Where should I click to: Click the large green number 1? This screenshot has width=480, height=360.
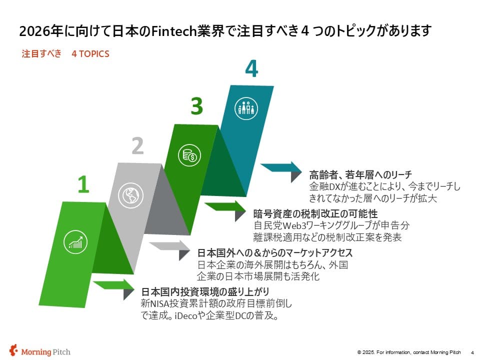[x=83, y=184]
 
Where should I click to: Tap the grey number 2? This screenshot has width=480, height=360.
[x=138, y=145]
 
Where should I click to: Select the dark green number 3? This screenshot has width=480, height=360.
[x=197, y=106]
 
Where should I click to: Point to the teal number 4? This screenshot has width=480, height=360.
[x=251, y=68]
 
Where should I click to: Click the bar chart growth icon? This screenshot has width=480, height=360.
[x=75, y=242]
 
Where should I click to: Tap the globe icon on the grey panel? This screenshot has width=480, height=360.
[x=130, y=195]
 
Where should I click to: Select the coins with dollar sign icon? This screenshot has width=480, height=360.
[x=189, y=155]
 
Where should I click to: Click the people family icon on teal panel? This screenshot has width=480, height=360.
[x=246, y=108]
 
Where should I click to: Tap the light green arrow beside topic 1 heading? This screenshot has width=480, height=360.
[x=114, y=288]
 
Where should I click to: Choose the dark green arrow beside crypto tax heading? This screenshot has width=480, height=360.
[x=225, y=210]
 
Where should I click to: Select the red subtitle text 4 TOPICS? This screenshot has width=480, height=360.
[x=90, y=54]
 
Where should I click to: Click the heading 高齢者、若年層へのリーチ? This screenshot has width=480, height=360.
[x=360, y=175]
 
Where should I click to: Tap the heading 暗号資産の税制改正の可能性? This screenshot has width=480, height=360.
[x=315, y=213]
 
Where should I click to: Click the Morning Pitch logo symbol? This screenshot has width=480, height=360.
[x=13, y=351]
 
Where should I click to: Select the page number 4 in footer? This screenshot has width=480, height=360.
[x=472, y=352]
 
